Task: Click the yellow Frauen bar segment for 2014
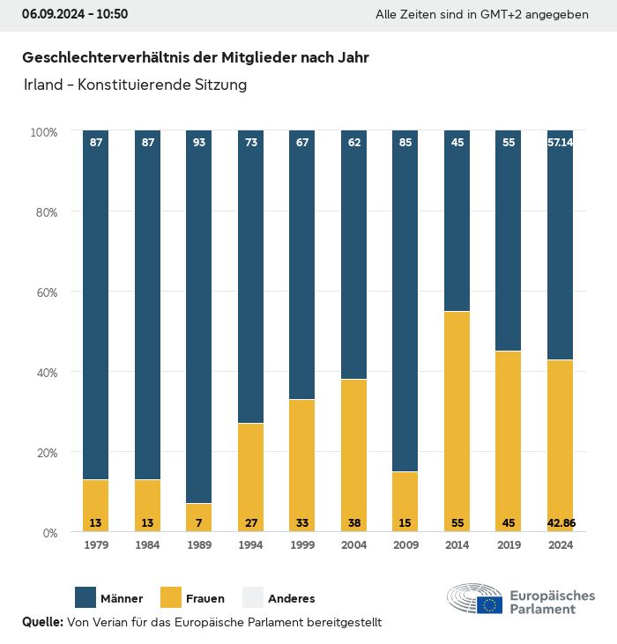(x=457, y=421)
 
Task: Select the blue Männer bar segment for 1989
(x=199, y=317)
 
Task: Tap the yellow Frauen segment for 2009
(x=405, y=501)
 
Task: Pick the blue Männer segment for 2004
(x=353, y=255)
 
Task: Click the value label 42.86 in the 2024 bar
(x=561, y=522)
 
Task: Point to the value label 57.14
(x=561, y=142)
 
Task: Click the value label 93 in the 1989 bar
(x=199, y=142)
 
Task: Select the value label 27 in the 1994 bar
(x=250, y=522)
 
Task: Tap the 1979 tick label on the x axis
(x=96, y=545)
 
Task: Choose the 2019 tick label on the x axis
(x=509, y=545)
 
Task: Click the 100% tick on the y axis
(x=43, y=131)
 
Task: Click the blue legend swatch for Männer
(x=86, y=598)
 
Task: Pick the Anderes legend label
(x=291, y=599)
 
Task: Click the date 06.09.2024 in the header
(x=51, y=14)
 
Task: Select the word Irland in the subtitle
(x=41, y=85)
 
